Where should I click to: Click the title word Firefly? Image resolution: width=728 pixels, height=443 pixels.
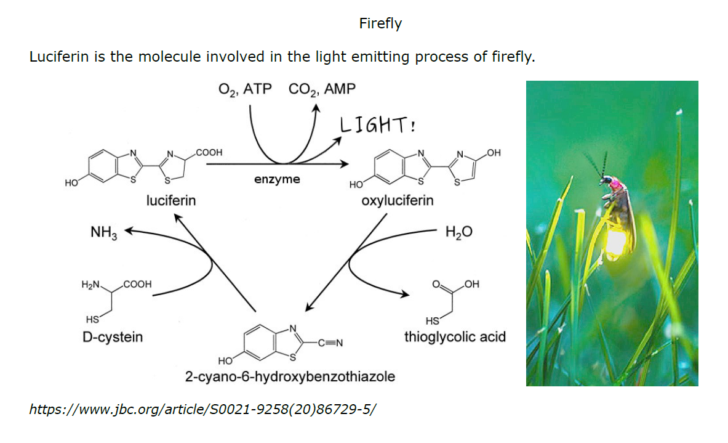pos(380,23)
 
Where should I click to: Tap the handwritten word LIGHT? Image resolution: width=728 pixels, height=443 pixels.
pos(377,125)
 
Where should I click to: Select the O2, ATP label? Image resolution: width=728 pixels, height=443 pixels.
pos(245,89)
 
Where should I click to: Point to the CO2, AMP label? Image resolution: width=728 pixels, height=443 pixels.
pos(322,89)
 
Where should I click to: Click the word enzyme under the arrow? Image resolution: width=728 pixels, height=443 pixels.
pos(277,179)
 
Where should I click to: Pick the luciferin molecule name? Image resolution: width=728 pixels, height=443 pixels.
pos(171,200)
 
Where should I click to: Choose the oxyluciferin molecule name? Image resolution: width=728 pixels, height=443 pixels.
pos(398,200)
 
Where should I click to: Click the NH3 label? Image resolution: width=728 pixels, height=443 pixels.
pos(103,232)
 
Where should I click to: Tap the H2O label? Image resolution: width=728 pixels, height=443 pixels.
pos(458,232)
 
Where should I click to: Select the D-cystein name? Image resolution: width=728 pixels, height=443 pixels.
pos(113,336)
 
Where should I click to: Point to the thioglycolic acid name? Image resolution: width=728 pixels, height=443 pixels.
pos(455,336)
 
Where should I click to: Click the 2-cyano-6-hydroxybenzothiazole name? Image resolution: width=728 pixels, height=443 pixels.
pos(290,376)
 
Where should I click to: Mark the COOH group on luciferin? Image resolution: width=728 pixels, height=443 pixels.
pos(209,152)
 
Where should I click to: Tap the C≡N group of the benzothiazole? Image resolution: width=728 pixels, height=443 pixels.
pos(330,343)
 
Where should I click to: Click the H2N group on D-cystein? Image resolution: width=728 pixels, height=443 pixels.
pos(90,285)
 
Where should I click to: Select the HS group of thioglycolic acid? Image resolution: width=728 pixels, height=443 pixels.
pos(432,321)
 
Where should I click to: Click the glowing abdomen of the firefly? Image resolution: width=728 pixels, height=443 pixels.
pos(616,242)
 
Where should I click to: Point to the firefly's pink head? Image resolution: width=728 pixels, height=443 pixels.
pos(615,184)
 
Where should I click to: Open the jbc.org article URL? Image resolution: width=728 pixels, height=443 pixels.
pos(202,409)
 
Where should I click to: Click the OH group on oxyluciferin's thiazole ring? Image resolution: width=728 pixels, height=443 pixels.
pos(494,153)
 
